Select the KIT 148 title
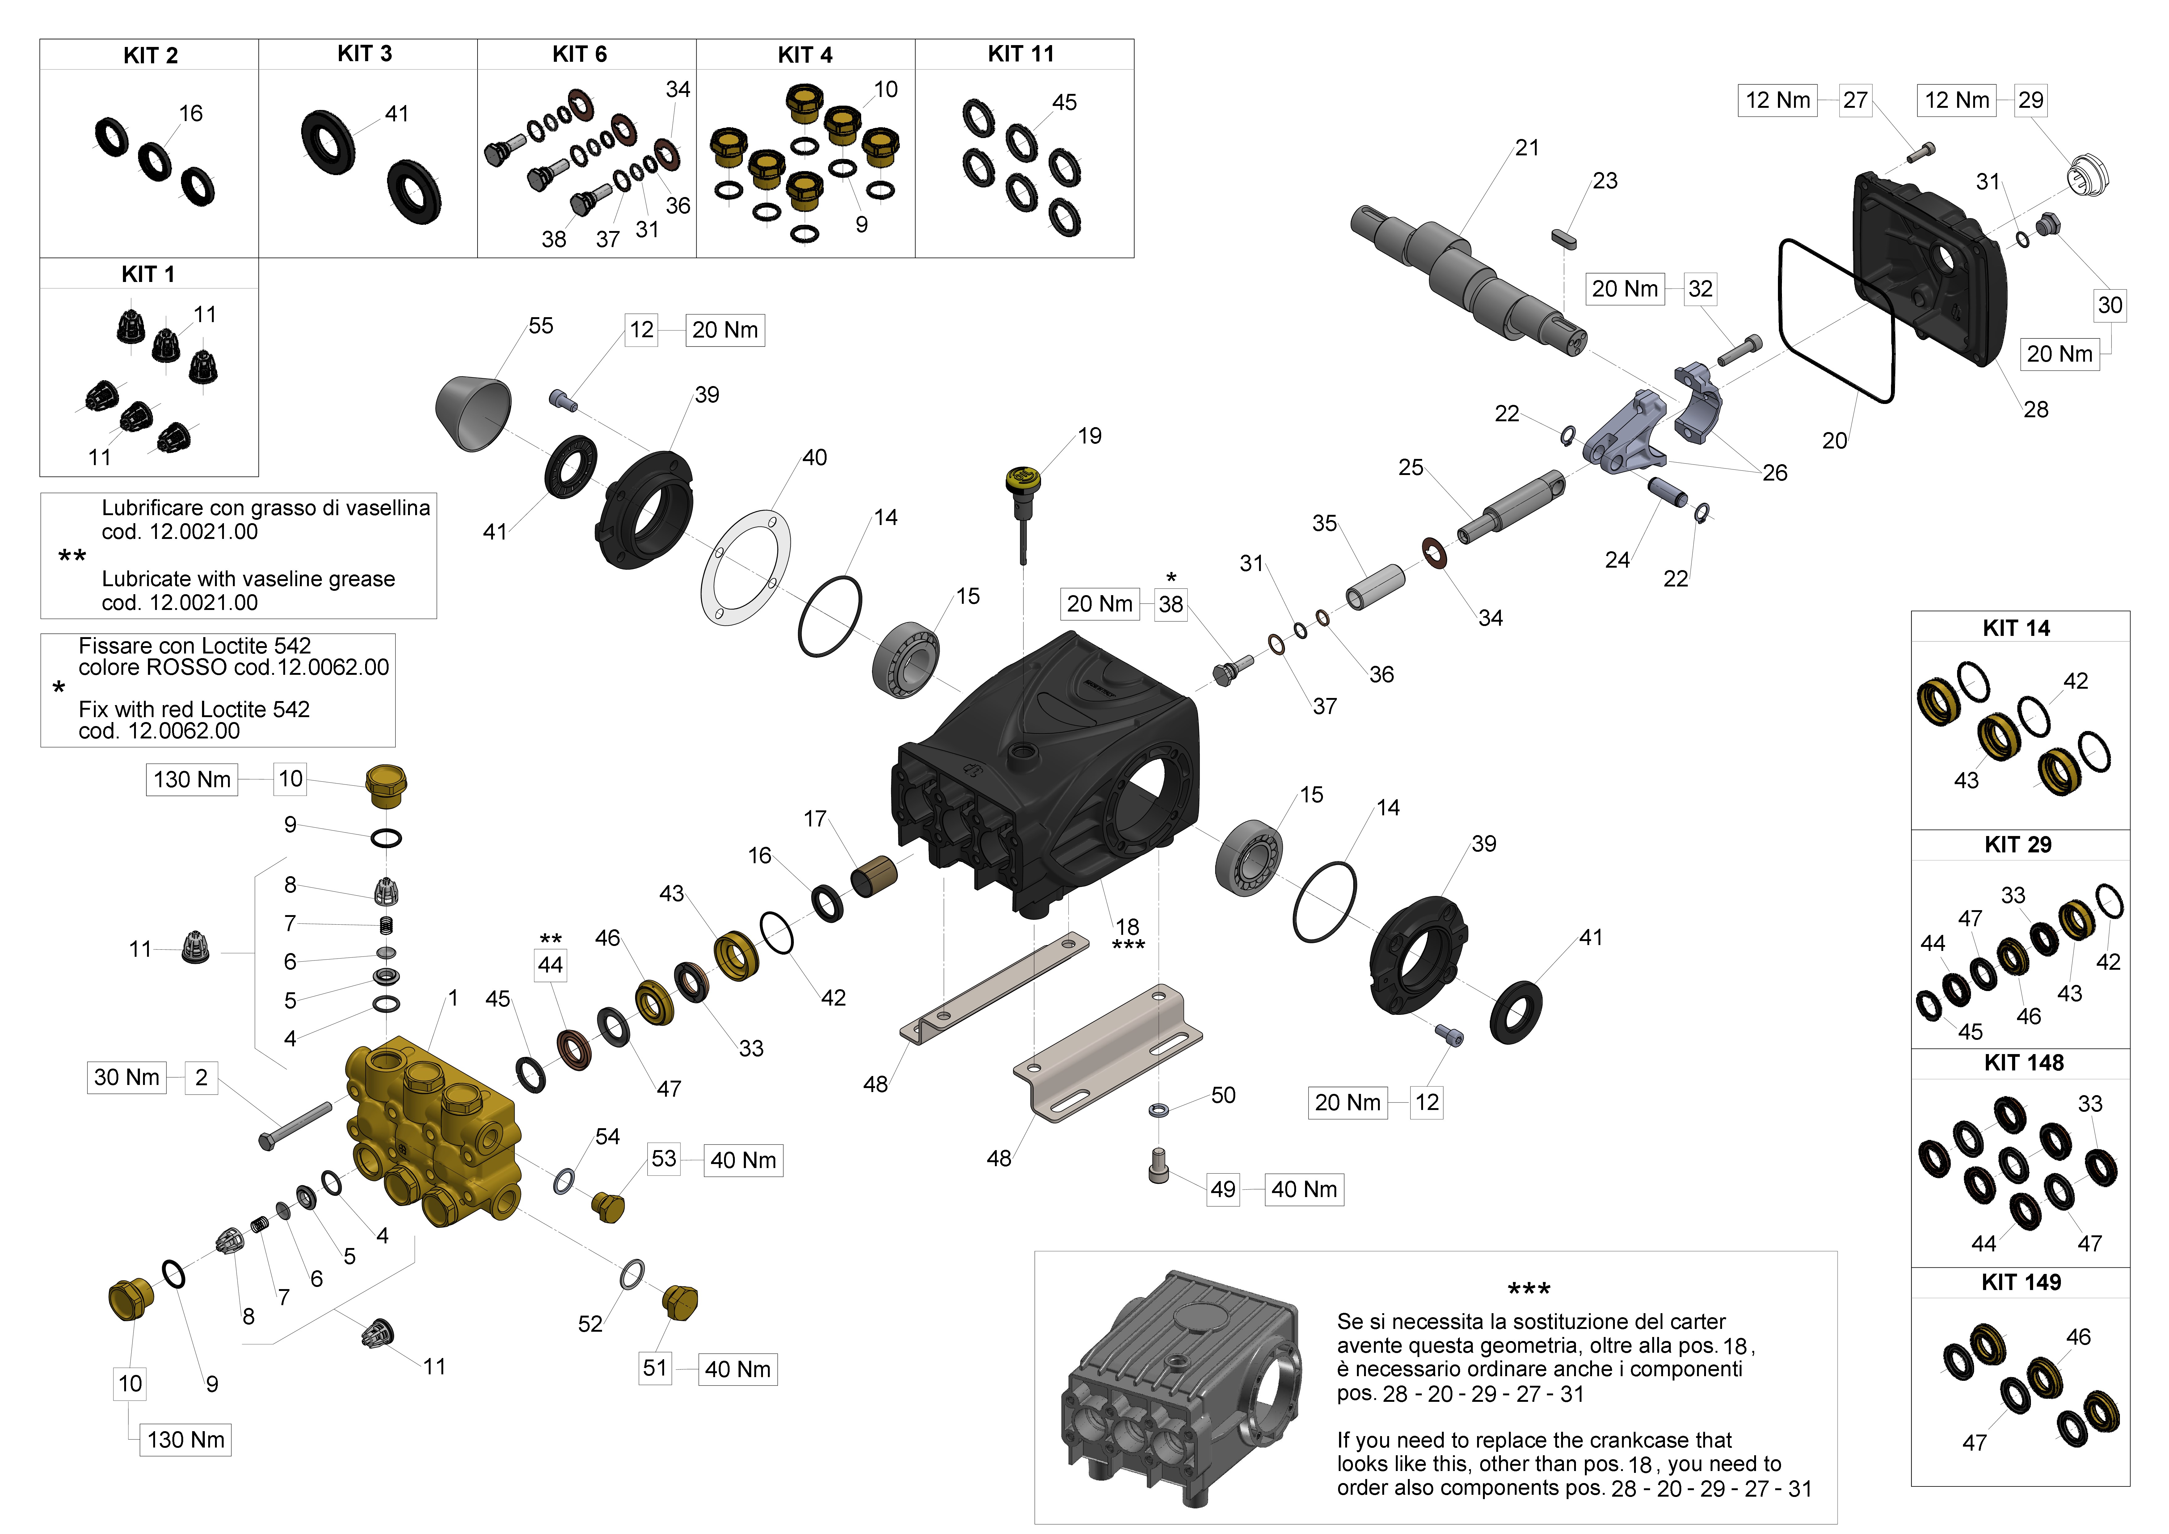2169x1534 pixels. pyautogui.click(x=2024, y=1063)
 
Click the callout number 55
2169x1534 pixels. pyautogui.click(x=540, y=326)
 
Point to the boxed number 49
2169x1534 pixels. pyautogui.click(x=1223, y=1189)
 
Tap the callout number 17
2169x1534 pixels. pyautogui.click(x=814, y=819)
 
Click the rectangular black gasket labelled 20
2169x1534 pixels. pyautogui.click(x=1835, y=321)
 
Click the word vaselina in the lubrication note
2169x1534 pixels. pyautogui.click(x=387, y=508)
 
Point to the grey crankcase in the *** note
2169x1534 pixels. pyautogui.click(x=1181, y=1389)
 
